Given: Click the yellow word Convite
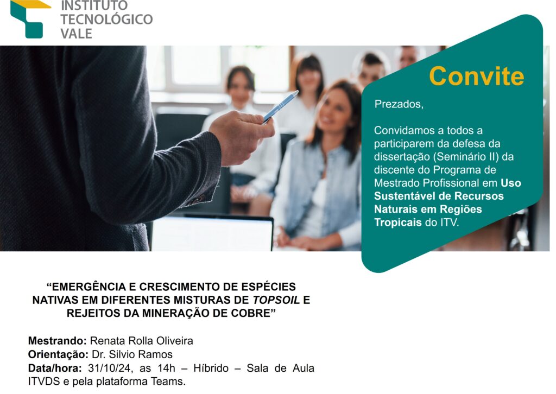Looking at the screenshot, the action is pyautogui.click(x=476, y=76).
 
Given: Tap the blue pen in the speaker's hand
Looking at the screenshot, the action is pyautogui.click(x=281, y=107).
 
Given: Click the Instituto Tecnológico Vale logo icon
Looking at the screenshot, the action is pyautogui.click(x=29, y=19).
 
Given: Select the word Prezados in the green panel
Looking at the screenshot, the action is pyautogui.click(x=399, y=104).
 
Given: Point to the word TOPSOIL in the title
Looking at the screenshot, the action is pyautogui.click(x=276, y=300).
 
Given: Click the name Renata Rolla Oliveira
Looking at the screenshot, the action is pyautogui.click(x=142, y=341).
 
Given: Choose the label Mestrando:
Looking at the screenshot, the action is pyautogui.click(x=58, y=341).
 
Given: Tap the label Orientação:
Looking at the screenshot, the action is pyautogui.click(x=58, y=354).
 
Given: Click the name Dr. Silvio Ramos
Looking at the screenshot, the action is pyautogui.click(x=132, y=354).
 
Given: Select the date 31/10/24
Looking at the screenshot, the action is pyautogui.click(x=110, y=368).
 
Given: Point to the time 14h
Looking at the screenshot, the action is pyautogui.click(x=166, y=368).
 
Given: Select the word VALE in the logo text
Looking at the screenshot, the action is pyautogui.click(x=76, y=33).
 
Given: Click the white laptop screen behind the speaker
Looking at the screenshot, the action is pyautogui.click(x=212, y=233).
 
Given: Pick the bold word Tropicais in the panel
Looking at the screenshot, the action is pyautogui.click(x=398, y=223).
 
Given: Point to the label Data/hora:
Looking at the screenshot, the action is pyautogui.click(x=55, y=368).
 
